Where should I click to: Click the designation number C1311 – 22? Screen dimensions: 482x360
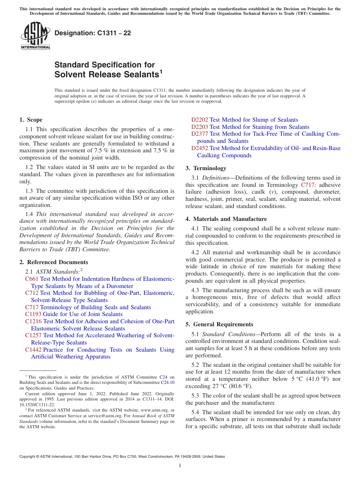(x=93, y=33)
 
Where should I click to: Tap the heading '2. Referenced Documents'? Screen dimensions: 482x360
(x=53, y=262)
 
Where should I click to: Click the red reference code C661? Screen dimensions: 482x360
(x=32, y=279)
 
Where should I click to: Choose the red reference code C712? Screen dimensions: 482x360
(x=32, y=293)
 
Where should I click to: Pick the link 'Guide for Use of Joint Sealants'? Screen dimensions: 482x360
(x=83, y=314)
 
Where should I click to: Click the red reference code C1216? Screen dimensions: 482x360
(x=33, y=321)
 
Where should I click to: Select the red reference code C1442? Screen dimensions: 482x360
(x=33, y=350)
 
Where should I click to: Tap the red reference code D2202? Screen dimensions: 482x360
(x=199, y=120)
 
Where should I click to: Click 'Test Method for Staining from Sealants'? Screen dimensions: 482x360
(x=259, y=127)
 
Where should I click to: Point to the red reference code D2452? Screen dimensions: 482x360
(x=199, y=148)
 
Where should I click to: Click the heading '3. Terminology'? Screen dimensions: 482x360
(x=206, y=168)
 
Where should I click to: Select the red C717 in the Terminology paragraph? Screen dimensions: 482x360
(x=307, y=185)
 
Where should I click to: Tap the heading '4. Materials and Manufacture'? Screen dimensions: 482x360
(x=226, y=219)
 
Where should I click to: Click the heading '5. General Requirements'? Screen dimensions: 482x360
(x=219, y=324)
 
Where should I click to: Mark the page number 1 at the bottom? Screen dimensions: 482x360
(x=180, y=465)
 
